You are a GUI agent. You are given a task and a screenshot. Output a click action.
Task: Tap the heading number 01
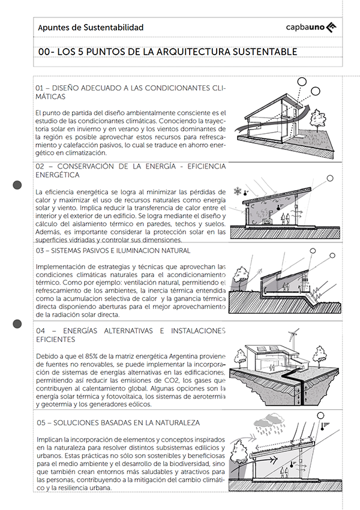click(x=41, y=88)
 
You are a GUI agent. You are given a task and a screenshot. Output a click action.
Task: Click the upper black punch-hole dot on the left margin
click(x=17, y=185)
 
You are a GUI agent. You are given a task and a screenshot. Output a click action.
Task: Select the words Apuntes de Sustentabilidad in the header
click(x=91, y=28)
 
